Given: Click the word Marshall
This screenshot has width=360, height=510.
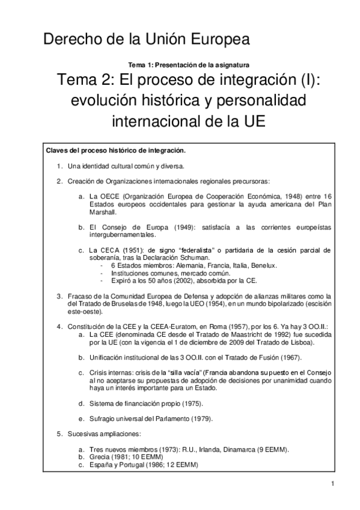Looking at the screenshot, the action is point(103,212).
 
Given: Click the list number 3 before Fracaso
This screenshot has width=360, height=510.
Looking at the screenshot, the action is point(59,296).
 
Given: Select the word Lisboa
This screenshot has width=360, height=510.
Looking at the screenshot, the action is point(281,342).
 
